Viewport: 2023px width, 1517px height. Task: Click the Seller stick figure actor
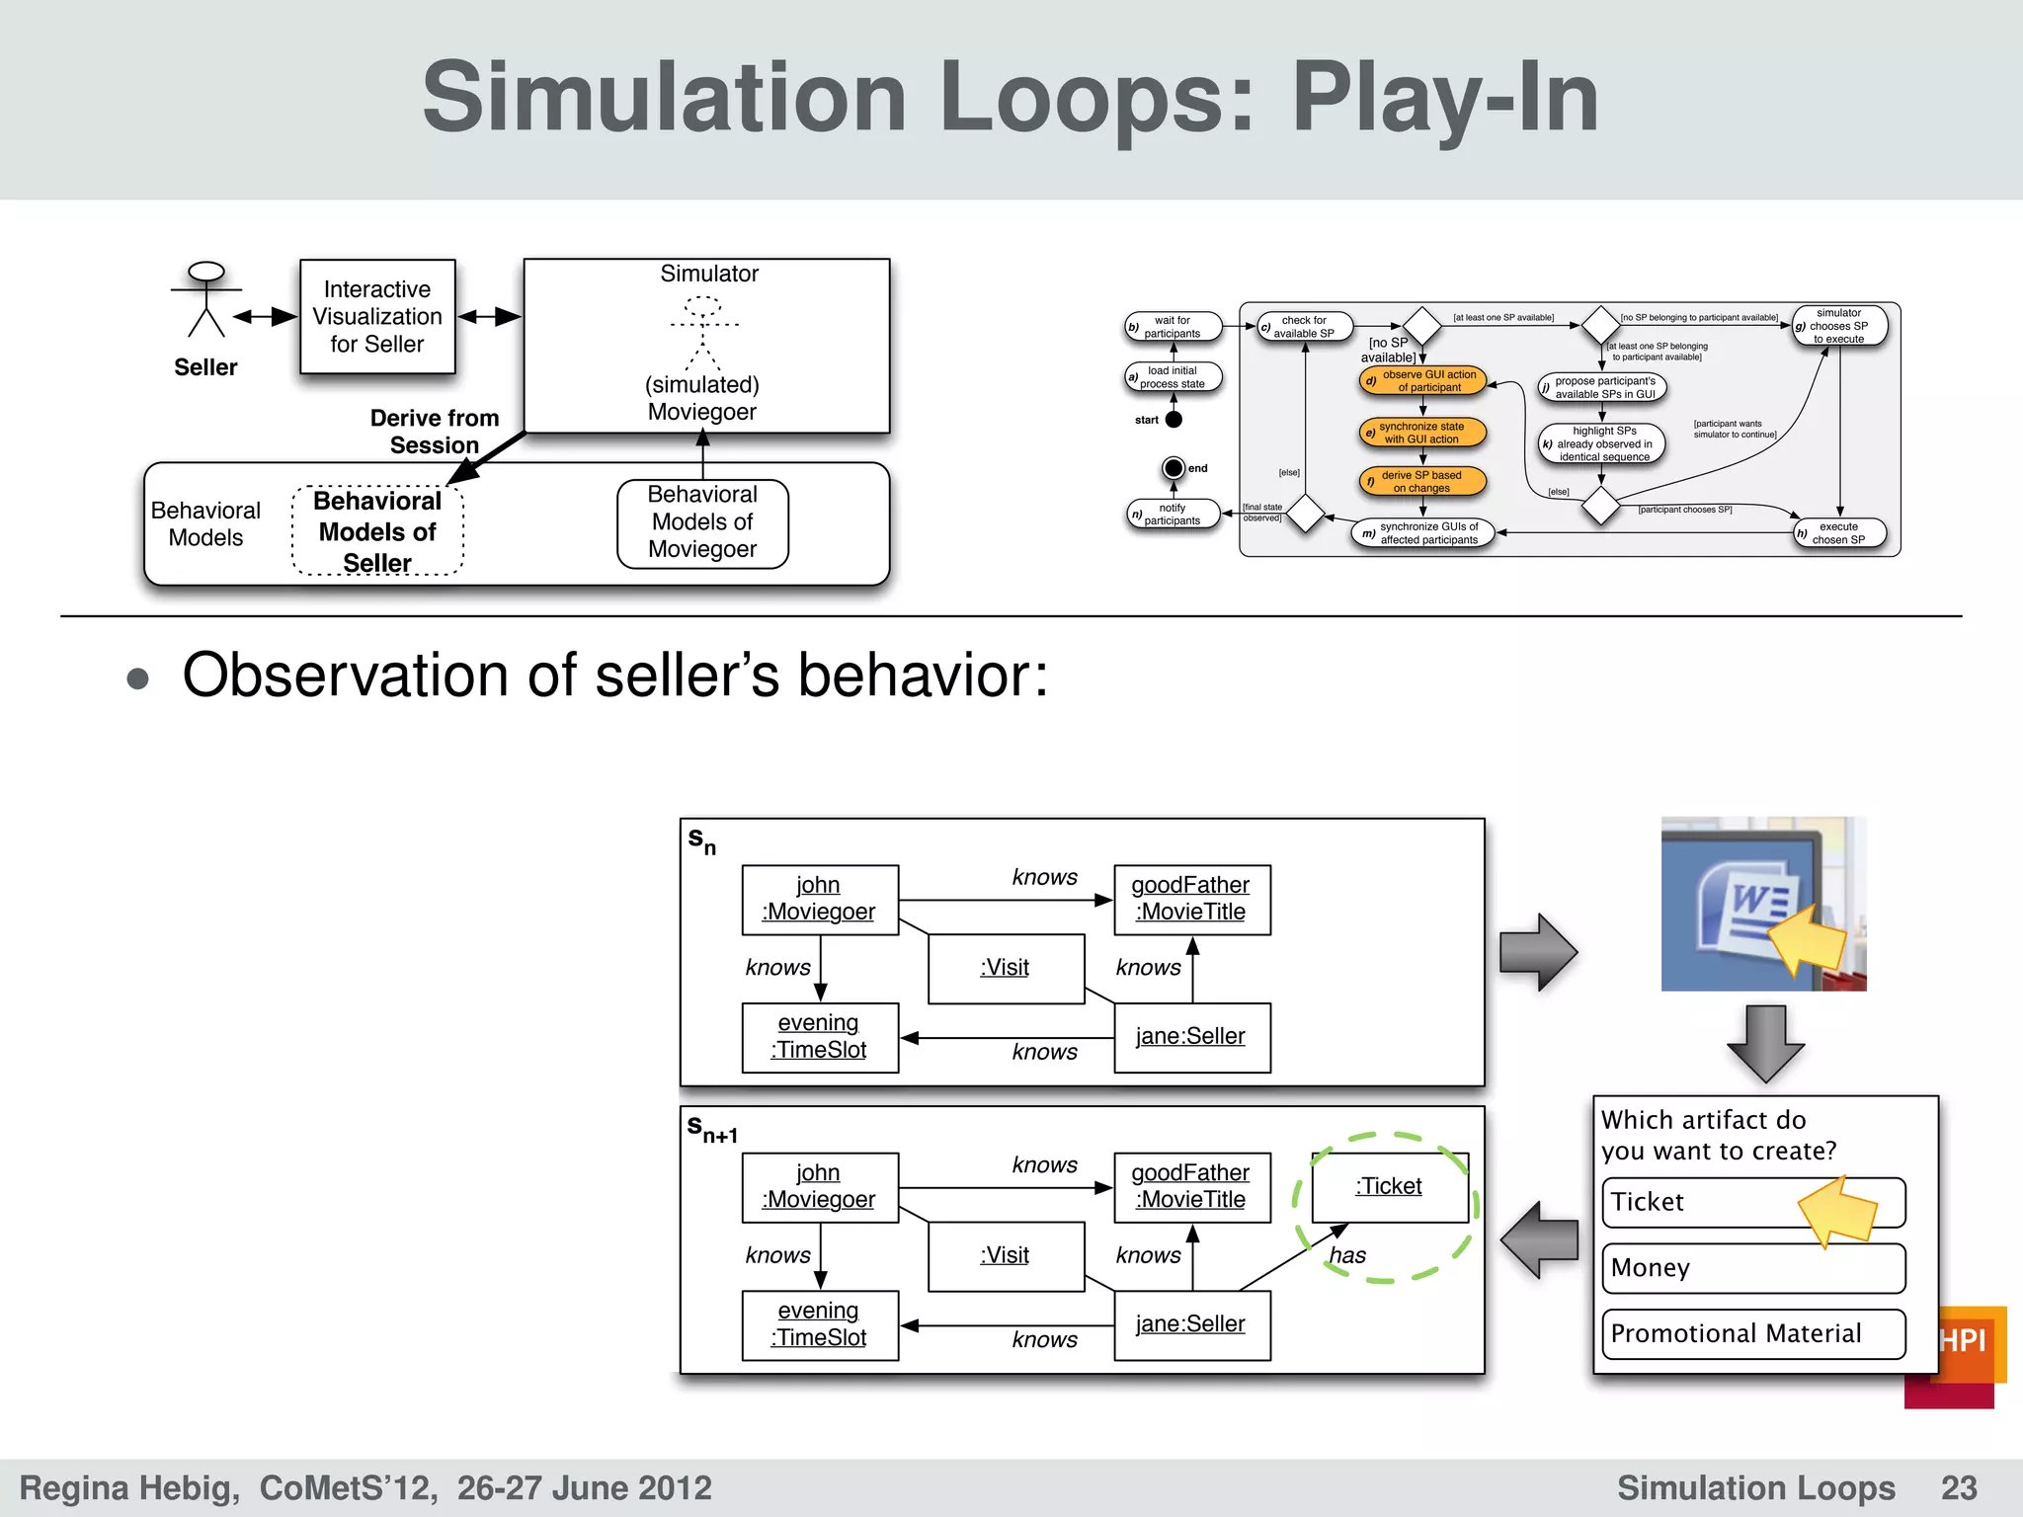tap(205, 300)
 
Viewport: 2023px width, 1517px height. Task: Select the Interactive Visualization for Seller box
tap(377, 317)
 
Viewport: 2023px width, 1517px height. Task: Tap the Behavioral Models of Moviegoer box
tap(702, 522)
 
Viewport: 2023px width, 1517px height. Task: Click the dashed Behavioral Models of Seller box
tap(377, 531)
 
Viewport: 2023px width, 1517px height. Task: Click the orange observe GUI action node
tap(1422, 381)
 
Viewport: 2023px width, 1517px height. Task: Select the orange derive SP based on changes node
tap(1422, 481)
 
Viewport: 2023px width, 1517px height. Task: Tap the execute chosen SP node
tap(1839, 533)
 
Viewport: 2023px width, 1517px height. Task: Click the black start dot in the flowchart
tap(1173, 420)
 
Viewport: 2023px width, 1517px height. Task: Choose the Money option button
tap(1752, 1268)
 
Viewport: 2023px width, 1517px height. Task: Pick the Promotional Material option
tap(1752, 1334)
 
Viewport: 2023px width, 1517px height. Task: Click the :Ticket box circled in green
tap(1389, 1187)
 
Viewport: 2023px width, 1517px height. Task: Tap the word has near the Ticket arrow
tap(1347, 1255)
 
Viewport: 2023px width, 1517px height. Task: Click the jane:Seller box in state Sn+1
tap(1191, 1324)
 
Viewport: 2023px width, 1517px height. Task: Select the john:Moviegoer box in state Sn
tap(819, 899)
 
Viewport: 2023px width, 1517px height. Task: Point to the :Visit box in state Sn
tap(1006, 968)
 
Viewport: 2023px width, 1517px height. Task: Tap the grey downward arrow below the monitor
tap(1766, 1043)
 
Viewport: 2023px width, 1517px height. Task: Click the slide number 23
tap(1958, 1487)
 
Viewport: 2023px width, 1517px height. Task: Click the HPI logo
tap(1961, 1342)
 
